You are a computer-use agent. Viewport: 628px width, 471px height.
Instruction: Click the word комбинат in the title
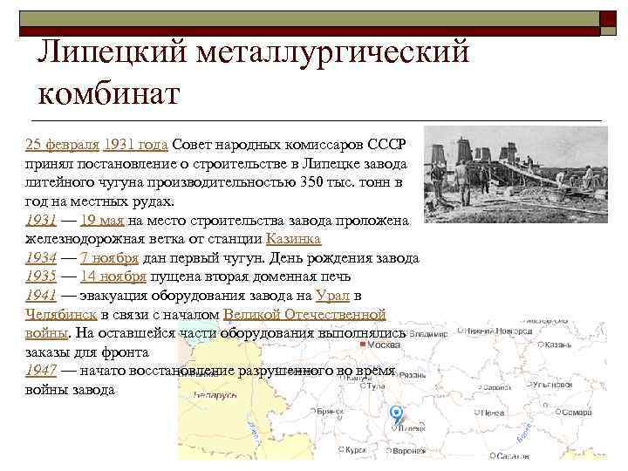point(109,91)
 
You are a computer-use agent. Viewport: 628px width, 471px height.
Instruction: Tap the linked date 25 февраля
point(61,144)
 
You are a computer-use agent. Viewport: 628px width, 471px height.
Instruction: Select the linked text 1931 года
point(135,144)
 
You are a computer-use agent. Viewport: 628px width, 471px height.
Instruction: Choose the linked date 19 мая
point(103,220)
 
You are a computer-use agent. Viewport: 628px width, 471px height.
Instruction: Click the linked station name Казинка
point(293,239)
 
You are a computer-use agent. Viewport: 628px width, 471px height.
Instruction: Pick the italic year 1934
point(42,258)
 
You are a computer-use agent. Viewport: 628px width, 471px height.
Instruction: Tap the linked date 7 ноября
point(107,258)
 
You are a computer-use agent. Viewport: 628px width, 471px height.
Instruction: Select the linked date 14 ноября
point(112,277)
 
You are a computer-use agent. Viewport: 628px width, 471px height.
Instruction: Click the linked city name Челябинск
point(61,315)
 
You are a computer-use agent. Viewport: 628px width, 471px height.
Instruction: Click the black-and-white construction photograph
point(514,179)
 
